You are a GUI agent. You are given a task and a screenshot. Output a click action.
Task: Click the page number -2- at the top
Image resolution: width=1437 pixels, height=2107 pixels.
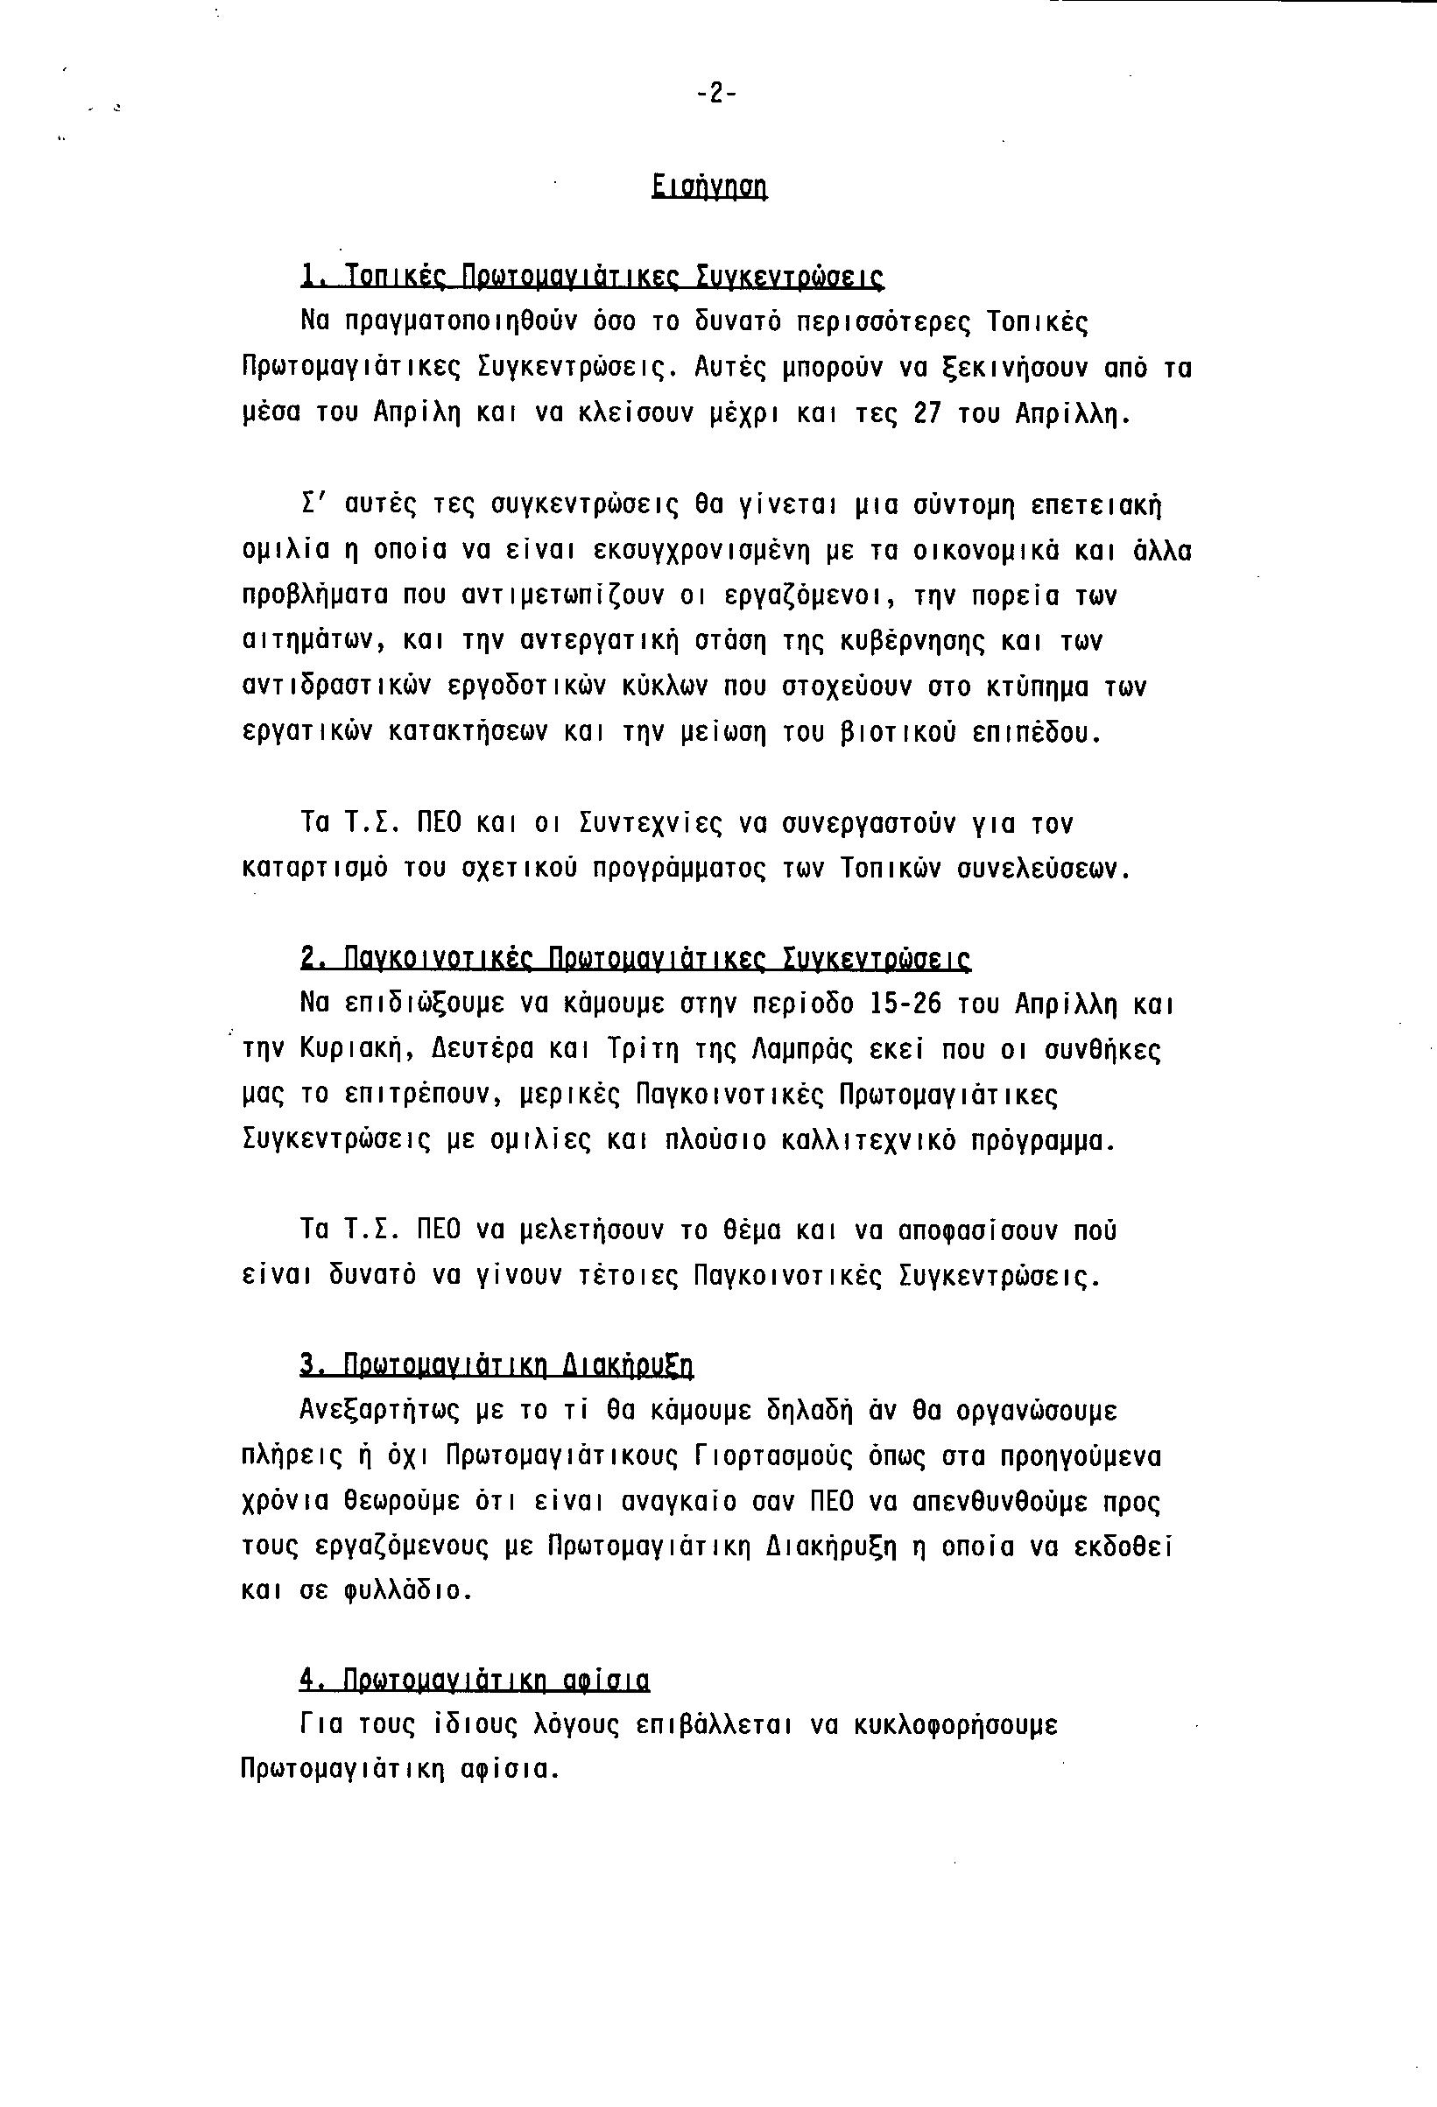point(716,94)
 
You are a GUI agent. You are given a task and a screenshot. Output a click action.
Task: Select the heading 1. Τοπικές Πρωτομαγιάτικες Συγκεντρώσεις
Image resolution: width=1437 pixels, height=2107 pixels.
point(591,276)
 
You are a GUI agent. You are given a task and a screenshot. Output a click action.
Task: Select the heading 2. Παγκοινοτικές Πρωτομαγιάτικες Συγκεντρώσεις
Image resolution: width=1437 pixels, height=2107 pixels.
point(635,959)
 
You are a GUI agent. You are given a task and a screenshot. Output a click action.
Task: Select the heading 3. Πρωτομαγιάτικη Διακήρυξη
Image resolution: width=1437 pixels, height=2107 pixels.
point(496,1366)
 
